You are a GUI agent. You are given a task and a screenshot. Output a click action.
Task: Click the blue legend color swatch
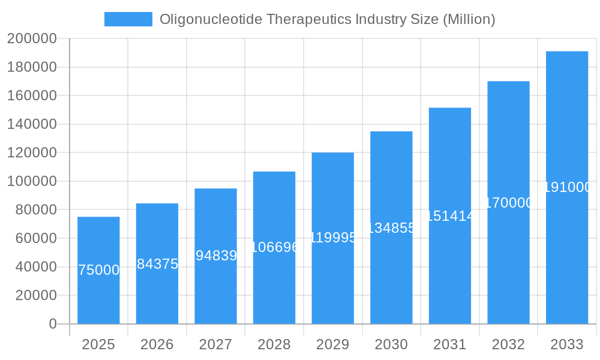[x=128, y=19]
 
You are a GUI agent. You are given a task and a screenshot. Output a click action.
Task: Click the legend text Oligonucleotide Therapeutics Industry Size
[x=327, y=19]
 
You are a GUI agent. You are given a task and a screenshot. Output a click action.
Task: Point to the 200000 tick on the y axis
[x=32, y=39]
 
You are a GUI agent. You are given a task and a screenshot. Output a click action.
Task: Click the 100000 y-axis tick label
[x=32, y=181]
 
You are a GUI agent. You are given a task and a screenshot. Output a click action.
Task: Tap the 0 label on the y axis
[x=52, y=324]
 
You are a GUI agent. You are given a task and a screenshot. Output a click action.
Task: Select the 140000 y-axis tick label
[x=32, y=124]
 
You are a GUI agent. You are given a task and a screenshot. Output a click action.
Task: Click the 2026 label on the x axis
[x=157, y=344]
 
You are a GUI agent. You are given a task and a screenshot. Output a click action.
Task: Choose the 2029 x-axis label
[x=332, y=344]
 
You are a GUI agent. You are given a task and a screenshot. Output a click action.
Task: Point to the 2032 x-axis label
[x=508, y=344]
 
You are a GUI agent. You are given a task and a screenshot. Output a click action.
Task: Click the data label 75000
[x=99, y=270]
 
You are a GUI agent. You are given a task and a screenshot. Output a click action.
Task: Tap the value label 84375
[x=157, y=264]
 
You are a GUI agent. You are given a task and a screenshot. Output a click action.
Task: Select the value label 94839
[x=216, y=256]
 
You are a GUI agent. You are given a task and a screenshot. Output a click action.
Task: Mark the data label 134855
[x=391, y=228]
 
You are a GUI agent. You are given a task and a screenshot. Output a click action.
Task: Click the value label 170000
[x=508, y=203]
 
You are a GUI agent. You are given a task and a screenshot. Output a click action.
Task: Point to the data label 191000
[x=567, y=187]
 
